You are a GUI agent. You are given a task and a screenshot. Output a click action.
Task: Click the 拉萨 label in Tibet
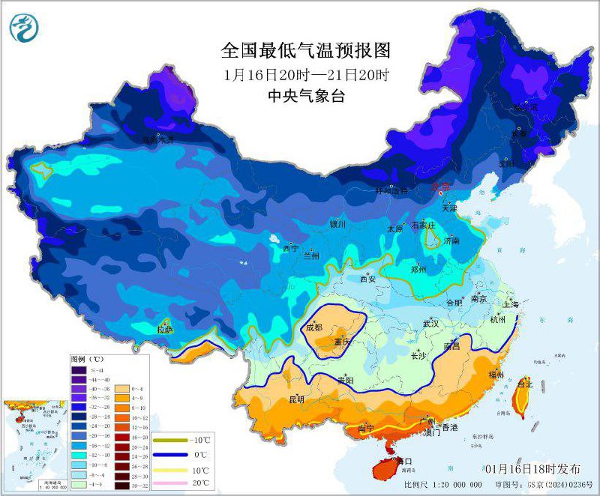[x=164, y=329]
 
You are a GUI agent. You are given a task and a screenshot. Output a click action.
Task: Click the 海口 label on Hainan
[x=403, y=462]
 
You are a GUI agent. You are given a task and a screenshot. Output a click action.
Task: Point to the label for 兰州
[x=311, y=255]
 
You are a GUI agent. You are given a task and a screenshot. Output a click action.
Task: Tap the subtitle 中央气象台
[x=306, y=96]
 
